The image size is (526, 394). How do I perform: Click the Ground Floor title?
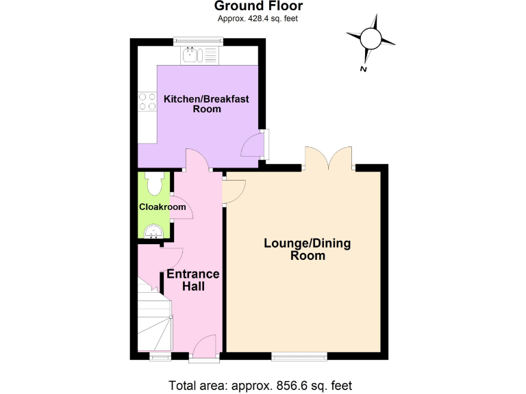click(258, 7)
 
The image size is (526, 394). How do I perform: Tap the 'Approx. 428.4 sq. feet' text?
click(258, 18)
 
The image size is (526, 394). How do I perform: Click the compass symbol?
click(371, 39)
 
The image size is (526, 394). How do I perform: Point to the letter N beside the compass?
click(363, 68)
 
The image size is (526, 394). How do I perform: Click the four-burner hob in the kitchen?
click(147, 101)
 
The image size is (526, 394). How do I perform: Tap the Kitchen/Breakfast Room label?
click(206, 104)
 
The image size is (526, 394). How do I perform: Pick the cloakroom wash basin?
click(152, 232)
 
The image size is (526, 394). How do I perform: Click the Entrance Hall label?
click(194, 280)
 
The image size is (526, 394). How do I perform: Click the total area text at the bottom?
click(261, 384)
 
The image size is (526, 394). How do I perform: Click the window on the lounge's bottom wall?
click(299, 356)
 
